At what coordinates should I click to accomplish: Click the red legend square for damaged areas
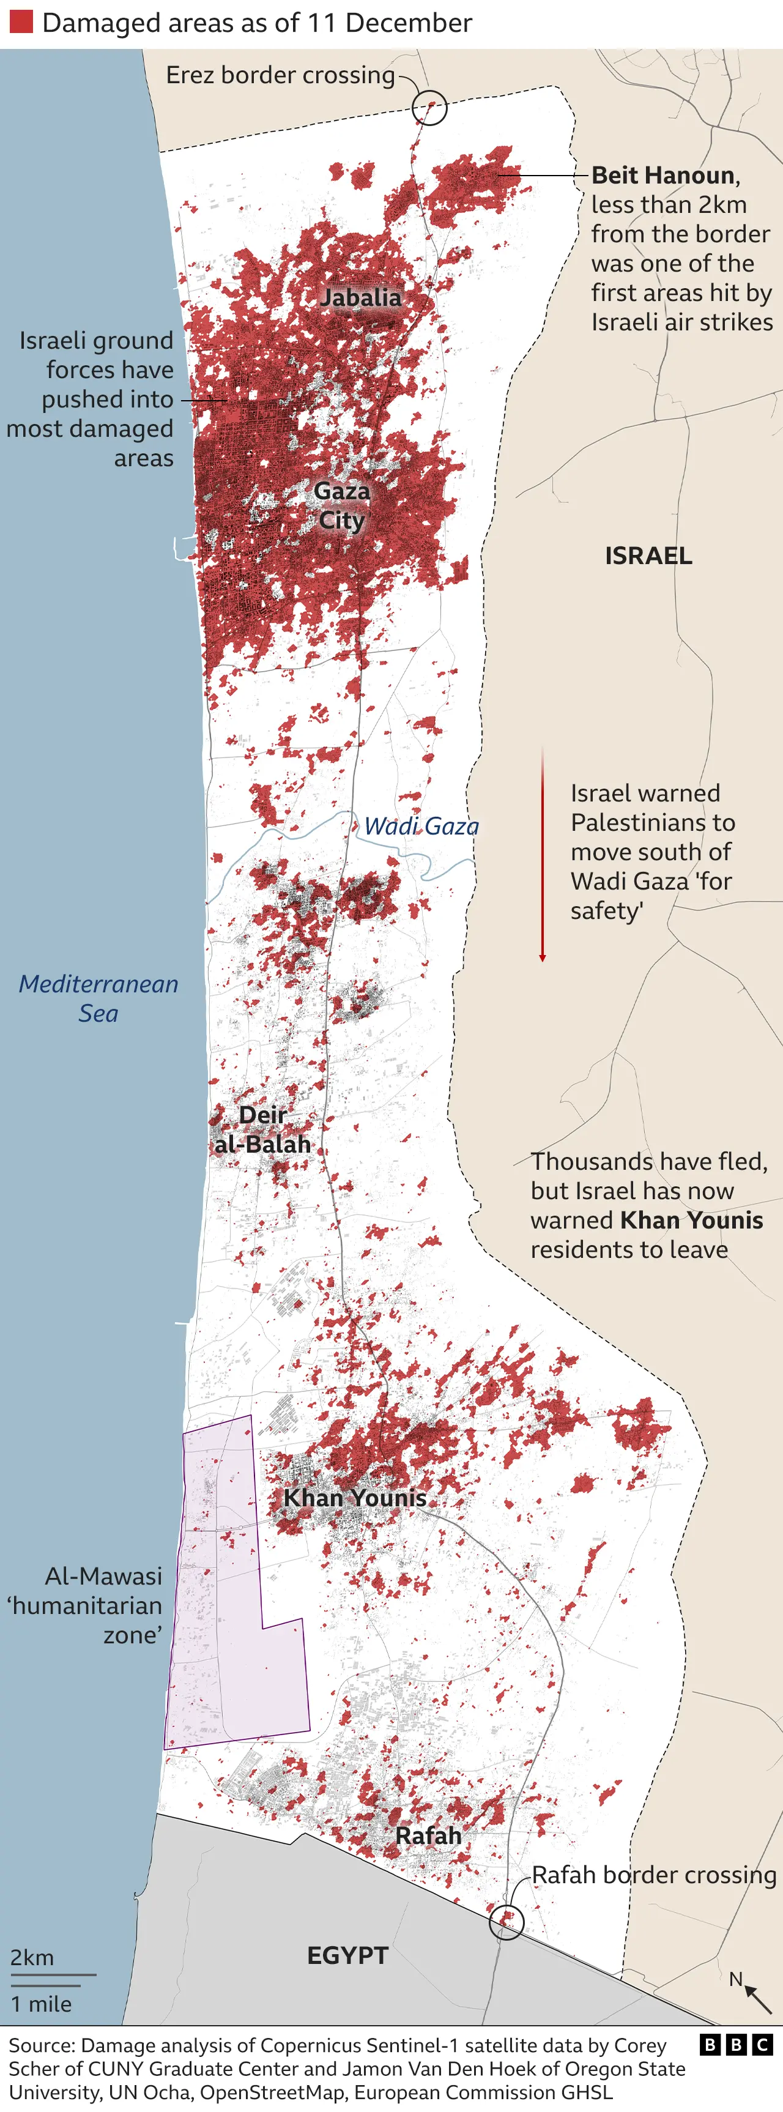(x=21, y=22)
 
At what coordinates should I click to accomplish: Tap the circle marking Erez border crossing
(x=429, y=108)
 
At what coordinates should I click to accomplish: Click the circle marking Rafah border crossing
(x=507, y=1921)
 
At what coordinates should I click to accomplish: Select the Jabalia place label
(x=361, y=297)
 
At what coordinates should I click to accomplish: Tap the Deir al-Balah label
(x=262, y=1130)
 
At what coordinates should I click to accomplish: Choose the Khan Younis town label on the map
(x=354, y=1498)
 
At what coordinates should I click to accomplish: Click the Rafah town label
(x=428, y=1835)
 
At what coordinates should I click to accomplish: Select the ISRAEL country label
(x=648, y=556)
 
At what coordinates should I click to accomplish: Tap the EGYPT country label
(x=347, y=1955)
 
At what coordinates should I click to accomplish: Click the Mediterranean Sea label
(x=98, y=998)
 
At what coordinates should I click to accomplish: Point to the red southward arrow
(x=542, y=853)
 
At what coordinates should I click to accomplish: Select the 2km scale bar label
(x=32, y=1958)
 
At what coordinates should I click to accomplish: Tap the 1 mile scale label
(x=41, y=2004)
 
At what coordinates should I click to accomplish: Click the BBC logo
(x=737, y=2045)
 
